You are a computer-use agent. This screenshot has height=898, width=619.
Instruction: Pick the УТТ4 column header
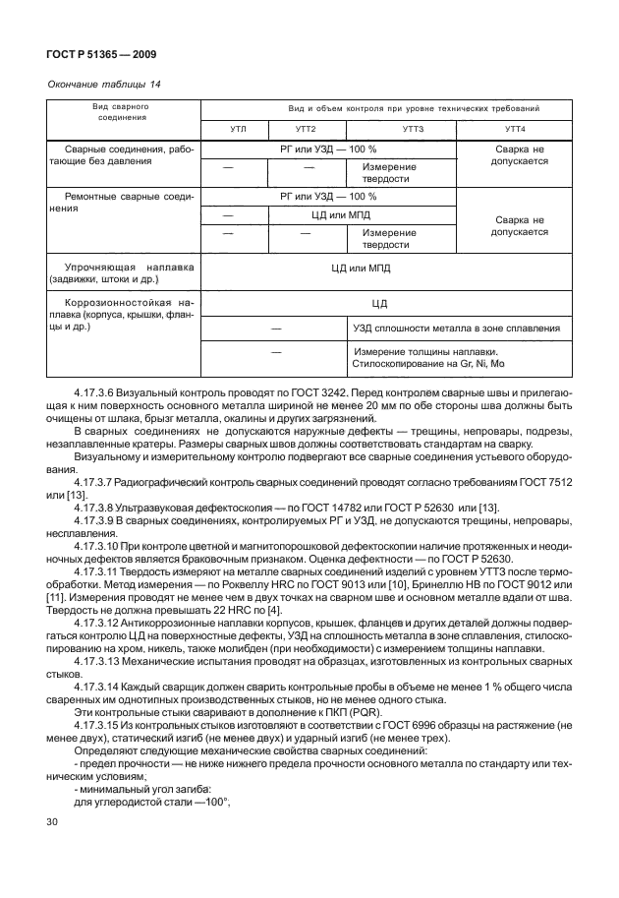point(514,129)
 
